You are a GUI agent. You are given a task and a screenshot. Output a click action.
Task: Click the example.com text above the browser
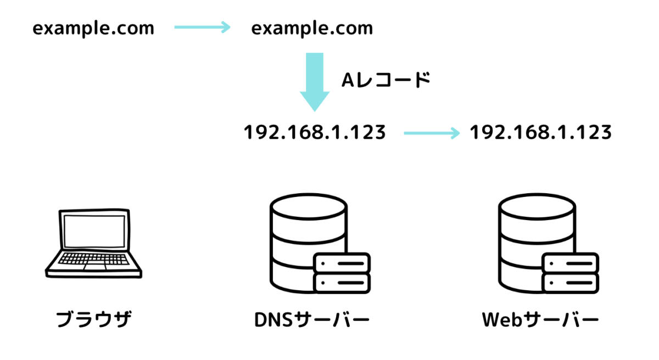pos(93,29)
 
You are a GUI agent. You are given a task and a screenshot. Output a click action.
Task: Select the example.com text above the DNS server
pos(312,29)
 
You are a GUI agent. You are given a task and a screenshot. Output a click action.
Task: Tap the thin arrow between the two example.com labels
pos(202,27)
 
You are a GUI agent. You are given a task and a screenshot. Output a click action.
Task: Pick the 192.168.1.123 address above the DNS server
pos(315,132)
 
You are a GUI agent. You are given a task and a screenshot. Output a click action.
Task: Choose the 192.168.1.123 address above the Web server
pos(541,132)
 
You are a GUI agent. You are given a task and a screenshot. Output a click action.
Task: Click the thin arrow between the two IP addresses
pos(431,133)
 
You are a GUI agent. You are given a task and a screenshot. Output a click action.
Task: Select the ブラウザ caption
pos(94,319)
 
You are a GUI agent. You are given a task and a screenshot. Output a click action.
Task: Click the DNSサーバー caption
pos(312,319)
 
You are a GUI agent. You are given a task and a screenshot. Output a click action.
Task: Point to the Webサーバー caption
pos(540,319)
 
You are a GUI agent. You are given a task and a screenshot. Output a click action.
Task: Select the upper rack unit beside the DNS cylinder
pos(341,264)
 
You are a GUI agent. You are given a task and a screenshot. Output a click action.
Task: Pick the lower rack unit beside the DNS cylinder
pos(341,283)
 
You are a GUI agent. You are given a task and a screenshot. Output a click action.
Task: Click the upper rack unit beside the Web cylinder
pos(570,264)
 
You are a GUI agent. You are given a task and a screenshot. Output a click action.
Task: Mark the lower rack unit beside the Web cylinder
pos(570,283)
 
